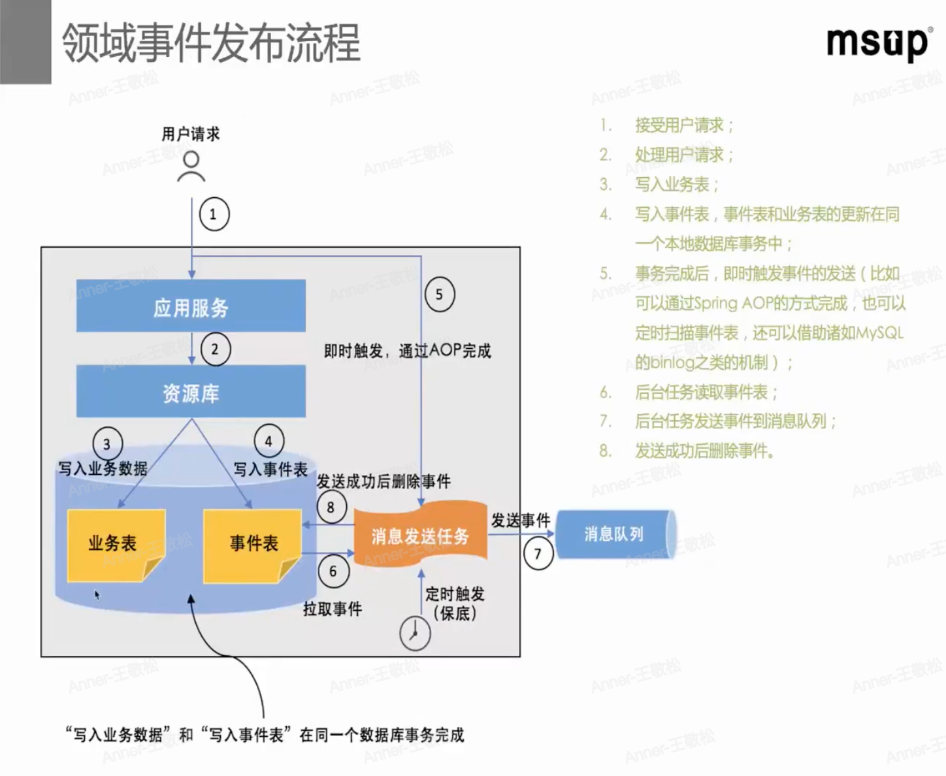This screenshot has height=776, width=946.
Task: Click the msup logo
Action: (x=877, y=44)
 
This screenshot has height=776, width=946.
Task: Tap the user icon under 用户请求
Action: (x=191, y=166)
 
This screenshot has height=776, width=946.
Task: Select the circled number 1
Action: (x=214, y=214)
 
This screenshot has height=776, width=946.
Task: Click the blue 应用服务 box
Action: (x=191, y=306)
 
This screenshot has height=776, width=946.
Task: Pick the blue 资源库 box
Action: (x=191, y=392)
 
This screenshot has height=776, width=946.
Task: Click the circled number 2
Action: (x=215, y=349)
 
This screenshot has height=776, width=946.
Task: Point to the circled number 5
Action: (x=439, y=295)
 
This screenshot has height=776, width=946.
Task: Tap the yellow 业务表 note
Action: (x=115, y=545)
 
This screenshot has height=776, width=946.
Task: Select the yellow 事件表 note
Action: (x=253, y=545)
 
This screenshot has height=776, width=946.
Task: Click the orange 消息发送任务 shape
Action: (x=420, y=535)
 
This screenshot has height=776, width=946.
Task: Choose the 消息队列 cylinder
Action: (x=613, y=534)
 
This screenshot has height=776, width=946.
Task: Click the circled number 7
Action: (x=538, y=555)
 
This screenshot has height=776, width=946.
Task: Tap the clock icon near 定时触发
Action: (x=415, y=632)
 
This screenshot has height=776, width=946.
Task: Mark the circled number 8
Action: (x=331, y=508)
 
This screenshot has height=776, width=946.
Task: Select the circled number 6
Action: (x=333, y=572)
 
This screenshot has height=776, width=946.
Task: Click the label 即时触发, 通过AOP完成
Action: (x=407, y=351)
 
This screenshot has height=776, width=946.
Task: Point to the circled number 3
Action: (x=107, y=444)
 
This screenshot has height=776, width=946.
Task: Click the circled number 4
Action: (x=269, y=442)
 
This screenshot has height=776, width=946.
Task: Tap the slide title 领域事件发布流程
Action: (x=211, y=43)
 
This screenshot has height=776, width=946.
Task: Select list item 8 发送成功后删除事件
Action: (x=704, y=451)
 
